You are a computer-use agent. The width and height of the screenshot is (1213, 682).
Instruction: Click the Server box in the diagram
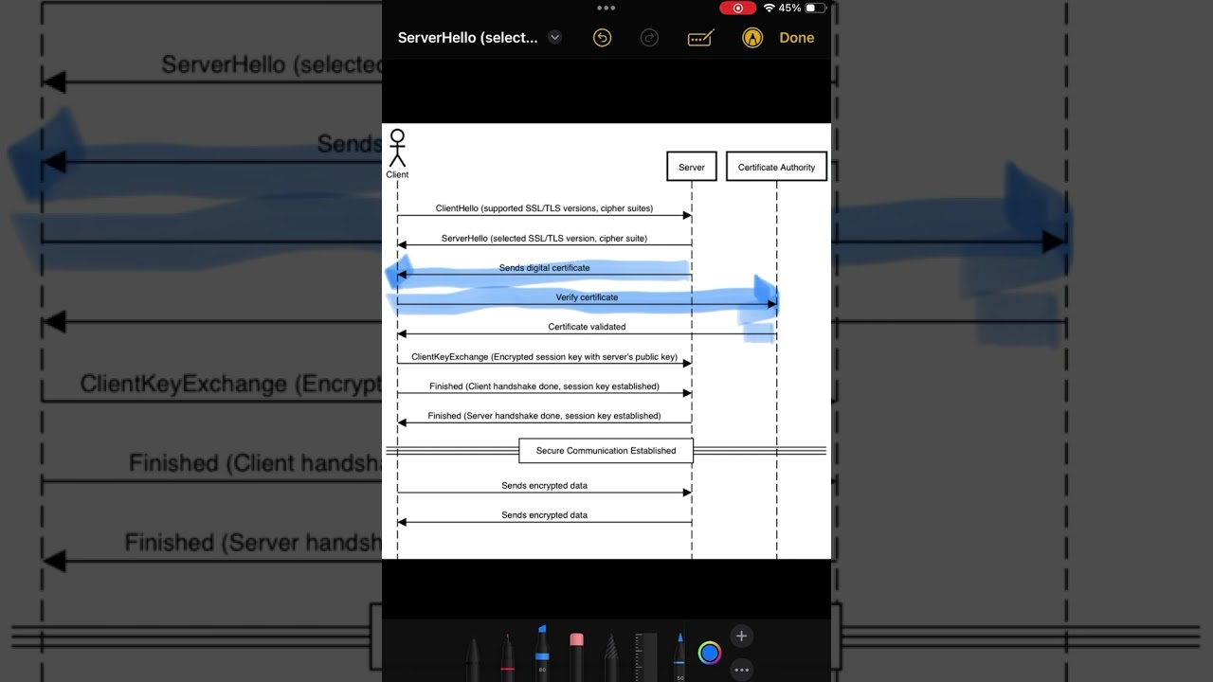691,167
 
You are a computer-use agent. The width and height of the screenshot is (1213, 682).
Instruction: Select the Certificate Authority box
776,167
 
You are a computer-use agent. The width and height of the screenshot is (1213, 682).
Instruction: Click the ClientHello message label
544,208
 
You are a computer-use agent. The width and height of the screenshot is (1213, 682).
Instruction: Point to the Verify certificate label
587,297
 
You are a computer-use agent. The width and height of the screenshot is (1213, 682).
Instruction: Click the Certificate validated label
587,327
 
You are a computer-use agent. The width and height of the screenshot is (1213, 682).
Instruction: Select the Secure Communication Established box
606,451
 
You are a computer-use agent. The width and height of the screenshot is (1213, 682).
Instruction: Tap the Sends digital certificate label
544,268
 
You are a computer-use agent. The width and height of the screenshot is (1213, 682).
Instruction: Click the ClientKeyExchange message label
544,357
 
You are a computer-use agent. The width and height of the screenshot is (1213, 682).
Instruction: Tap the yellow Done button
796,38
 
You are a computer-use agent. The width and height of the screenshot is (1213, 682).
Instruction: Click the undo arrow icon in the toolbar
602,38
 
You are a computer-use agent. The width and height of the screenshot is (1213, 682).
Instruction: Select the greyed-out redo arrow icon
649,38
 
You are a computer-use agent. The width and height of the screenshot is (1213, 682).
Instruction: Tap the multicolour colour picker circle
710,652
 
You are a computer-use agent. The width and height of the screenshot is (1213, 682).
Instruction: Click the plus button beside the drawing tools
741,636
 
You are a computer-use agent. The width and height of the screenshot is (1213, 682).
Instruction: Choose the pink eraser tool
576,652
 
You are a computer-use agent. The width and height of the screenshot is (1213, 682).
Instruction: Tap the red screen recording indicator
737,9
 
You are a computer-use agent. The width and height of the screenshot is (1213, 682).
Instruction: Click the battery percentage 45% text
789,9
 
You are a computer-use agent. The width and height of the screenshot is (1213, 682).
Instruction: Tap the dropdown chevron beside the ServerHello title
555,38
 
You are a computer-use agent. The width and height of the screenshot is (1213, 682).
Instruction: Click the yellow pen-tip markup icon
752,38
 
